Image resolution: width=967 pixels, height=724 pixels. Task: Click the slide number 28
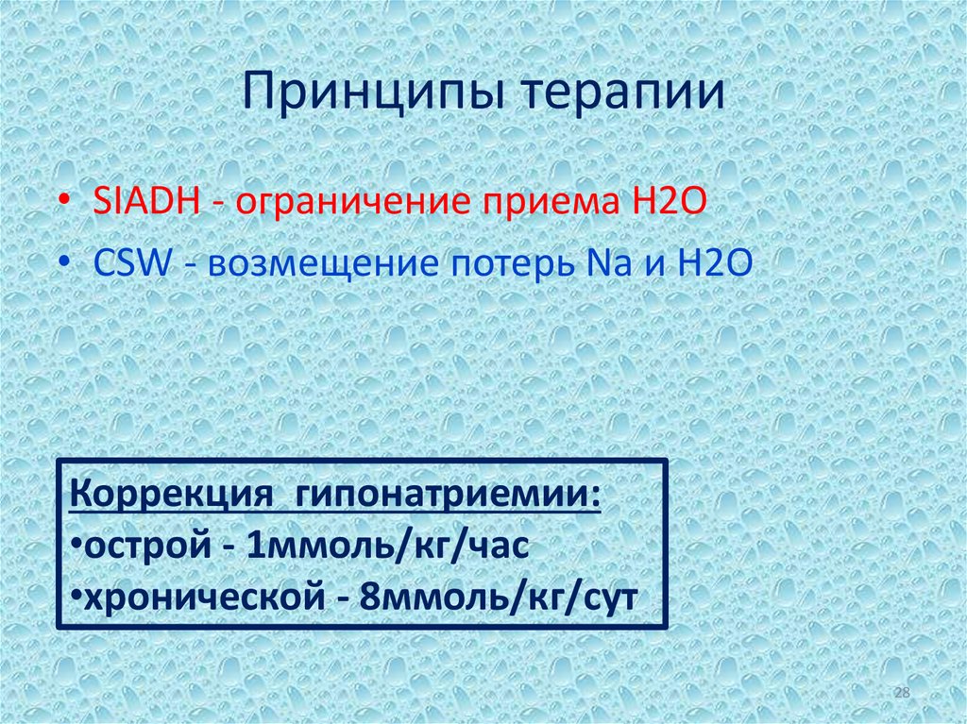(901, 695)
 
